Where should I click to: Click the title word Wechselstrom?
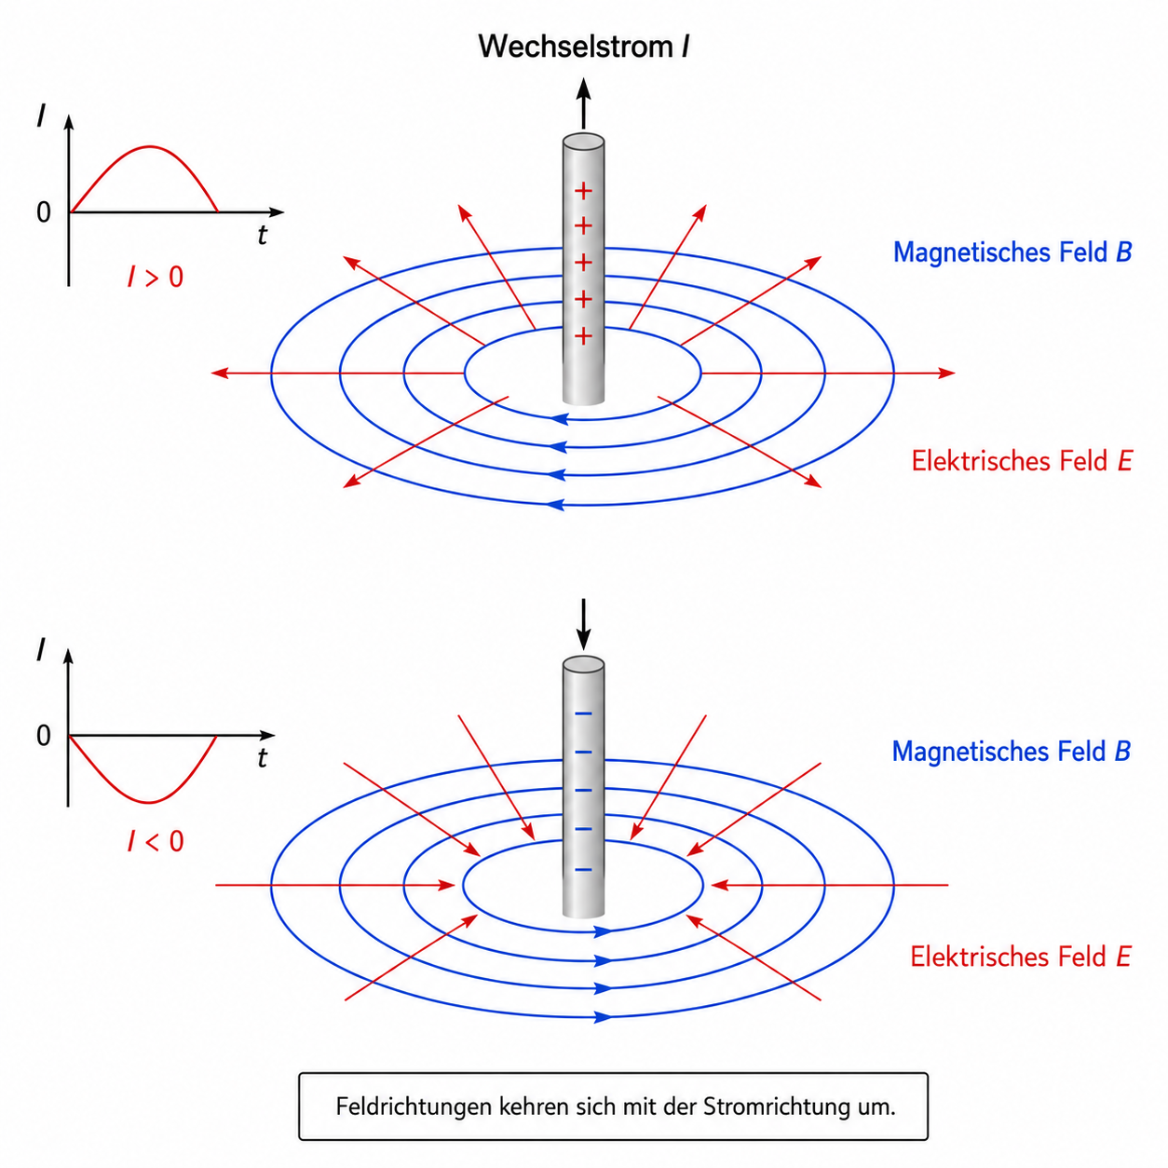(x=576, y=47)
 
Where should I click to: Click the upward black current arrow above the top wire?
(x=583, y=103)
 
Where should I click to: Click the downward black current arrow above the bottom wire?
(x=583, y=624)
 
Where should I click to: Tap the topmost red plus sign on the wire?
(x=583, y=191)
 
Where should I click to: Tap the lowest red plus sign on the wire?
(x=583, y=336)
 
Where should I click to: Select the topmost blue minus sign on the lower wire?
(x=583, y=713)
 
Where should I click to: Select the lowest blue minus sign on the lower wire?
(x=583, y=870)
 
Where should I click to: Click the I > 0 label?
(x=156, y=277)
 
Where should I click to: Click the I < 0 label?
(x=156, y=841)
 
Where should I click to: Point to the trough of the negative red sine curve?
(x=149, y=803)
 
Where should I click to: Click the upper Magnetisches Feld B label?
(x=1012, y=252)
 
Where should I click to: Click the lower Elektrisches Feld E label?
(x=1021, y=957)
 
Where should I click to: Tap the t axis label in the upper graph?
(x=262, y=235)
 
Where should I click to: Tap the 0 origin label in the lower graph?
(x=44, y=735)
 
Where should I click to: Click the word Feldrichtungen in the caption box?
(x=414, y=1107)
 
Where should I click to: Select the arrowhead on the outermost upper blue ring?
(x=555, y=504)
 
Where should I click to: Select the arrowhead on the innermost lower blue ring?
(x=603, y=931)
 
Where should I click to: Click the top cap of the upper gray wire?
(x=583, y=142)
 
